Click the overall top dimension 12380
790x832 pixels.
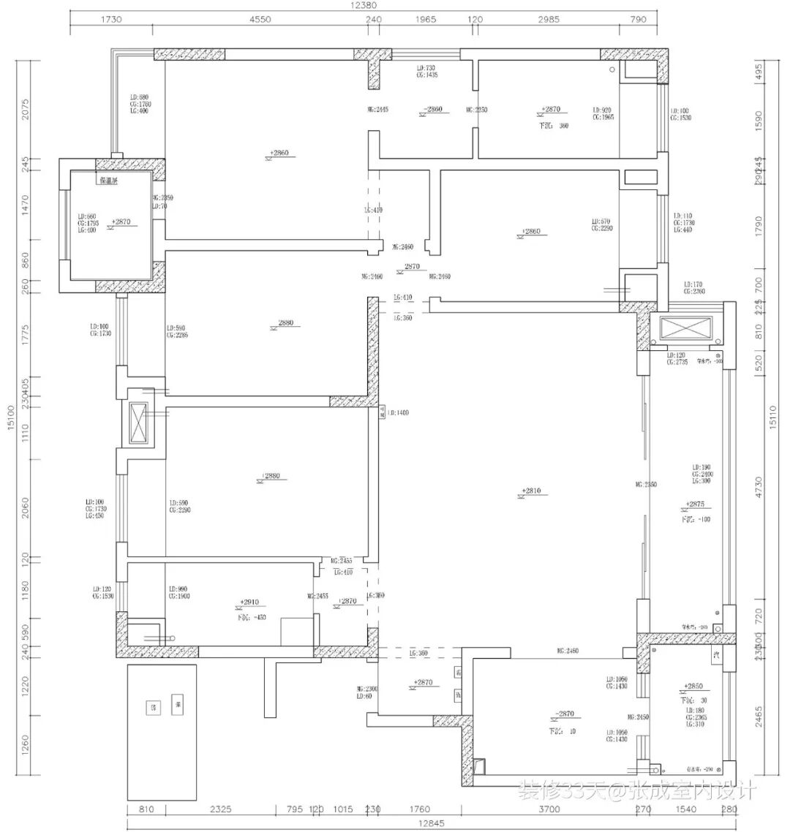pos(364,5)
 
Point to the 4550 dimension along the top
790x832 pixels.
pos(260,20)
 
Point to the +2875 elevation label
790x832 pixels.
pos(696,504)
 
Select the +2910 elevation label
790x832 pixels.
pos(249,602)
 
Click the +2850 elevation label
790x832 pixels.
pos(693,687)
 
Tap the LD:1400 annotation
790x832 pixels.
pos(398,413)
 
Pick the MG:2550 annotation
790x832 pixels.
pos(647,485)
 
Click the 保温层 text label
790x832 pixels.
pos(107,178)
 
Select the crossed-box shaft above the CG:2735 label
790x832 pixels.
pos(685,328)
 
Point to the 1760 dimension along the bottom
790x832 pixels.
pos(420,809)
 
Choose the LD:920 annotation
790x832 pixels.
pos(601,110)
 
